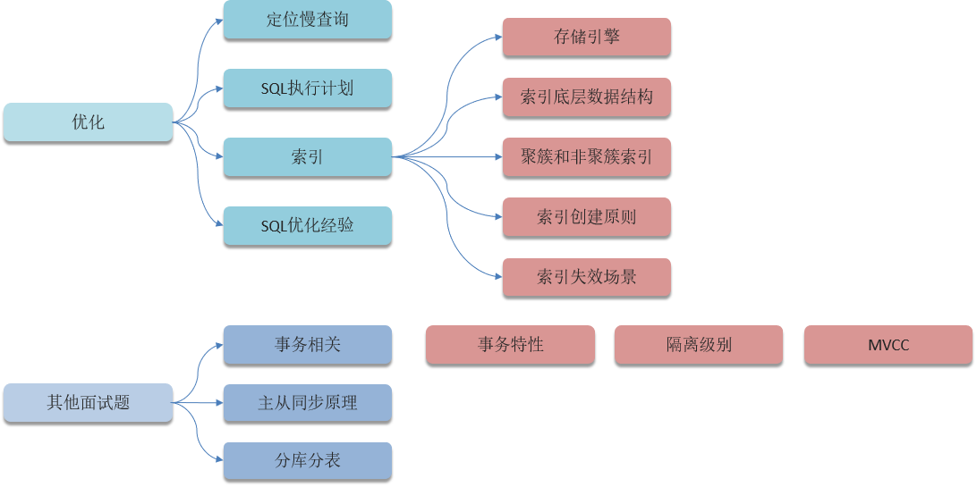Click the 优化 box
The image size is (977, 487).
[x=88, y=122]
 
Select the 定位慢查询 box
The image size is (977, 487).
[x=307, y=19]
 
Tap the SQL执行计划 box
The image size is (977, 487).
[x=307, y=88]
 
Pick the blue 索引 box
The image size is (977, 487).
[x=307, y=156]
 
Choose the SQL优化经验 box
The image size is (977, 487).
[x=307, y=225]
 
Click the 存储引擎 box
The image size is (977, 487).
[x=586, y=37]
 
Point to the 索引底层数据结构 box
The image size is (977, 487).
[x=586, y=97]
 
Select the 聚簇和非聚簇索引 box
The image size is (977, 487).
[x=586, y=156]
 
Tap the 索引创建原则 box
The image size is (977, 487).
[x=586, y=216]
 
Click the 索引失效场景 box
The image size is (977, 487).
[x=586, y=276]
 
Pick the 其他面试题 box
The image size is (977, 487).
[x=88, y=402]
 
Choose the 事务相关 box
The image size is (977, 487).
[x=307, y=344]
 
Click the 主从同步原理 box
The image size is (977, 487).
[x=307, y=402]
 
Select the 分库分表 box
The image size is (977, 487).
[x=307, y=460]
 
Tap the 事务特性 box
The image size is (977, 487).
[x=510, y=344]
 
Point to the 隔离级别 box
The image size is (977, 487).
[x=699, y=344]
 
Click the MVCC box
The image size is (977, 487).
[x=888, y=344]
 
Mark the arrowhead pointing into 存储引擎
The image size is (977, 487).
[x=497, y=38]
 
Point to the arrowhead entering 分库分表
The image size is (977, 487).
[x=218, y=460]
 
